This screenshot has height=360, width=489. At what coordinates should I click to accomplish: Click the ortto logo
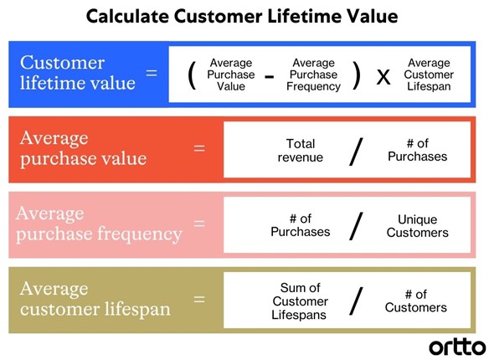457,347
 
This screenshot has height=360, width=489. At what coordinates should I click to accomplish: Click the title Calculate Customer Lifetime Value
242,16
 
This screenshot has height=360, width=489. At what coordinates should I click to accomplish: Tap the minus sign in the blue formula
269,76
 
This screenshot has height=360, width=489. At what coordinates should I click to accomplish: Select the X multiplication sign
383,77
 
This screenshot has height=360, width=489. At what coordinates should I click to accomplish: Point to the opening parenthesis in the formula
192,75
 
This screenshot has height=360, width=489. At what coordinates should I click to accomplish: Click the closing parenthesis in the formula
357,75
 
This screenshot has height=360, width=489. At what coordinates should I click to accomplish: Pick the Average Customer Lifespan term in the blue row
429,75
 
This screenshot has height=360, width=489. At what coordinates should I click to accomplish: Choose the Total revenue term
301,150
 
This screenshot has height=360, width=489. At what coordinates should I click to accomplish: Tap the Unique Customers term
418,226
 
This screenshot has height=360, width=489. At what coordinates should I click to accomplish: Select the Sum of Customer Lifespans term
300,301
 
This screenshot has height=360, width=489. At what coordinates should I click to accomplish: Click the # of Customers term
416,301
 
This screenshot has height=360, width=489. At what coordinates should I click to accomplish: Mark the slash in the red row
356,152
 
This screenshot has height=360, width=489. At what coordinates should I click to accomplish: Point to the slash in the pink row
356,226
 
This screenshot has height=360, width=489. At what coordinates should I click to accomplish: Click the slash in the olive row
356,301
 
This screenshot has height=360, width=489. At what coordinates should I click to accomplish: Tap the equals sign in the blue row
152,73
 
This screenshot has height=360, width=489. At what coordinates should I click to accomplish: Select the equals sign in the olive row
199,300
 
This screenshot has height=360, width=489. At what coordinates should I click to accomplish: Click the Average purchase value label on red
83,149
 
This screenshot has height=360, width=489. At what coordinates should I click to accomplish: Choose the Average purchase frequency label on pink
99,224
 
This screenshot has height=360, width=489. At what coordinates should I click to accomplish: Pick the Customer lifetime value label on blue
77,73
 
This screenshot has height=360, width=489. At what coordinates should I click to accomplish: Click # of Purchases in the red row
418,150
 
